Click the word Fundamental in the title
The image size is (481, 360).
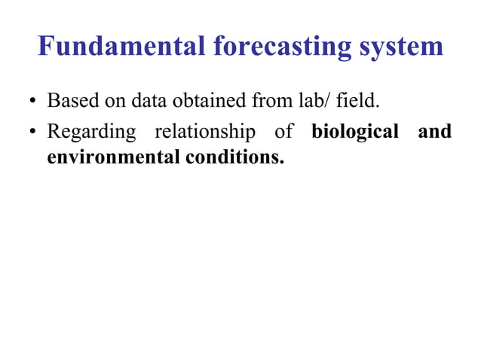coord(121,46)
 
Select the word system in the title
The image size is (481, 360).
coord(401,46)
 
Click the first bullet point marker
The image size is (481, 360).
coord(33,102)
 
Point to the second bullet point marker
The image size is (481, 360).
coord(33,133)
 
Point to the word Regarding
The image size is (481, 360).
coord(91,133)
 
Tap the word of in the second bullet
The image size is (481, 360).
coord(284,133)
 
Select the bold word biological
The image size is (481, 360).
coord(354,133)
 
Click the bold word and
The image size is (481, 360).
coord(434,133)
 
